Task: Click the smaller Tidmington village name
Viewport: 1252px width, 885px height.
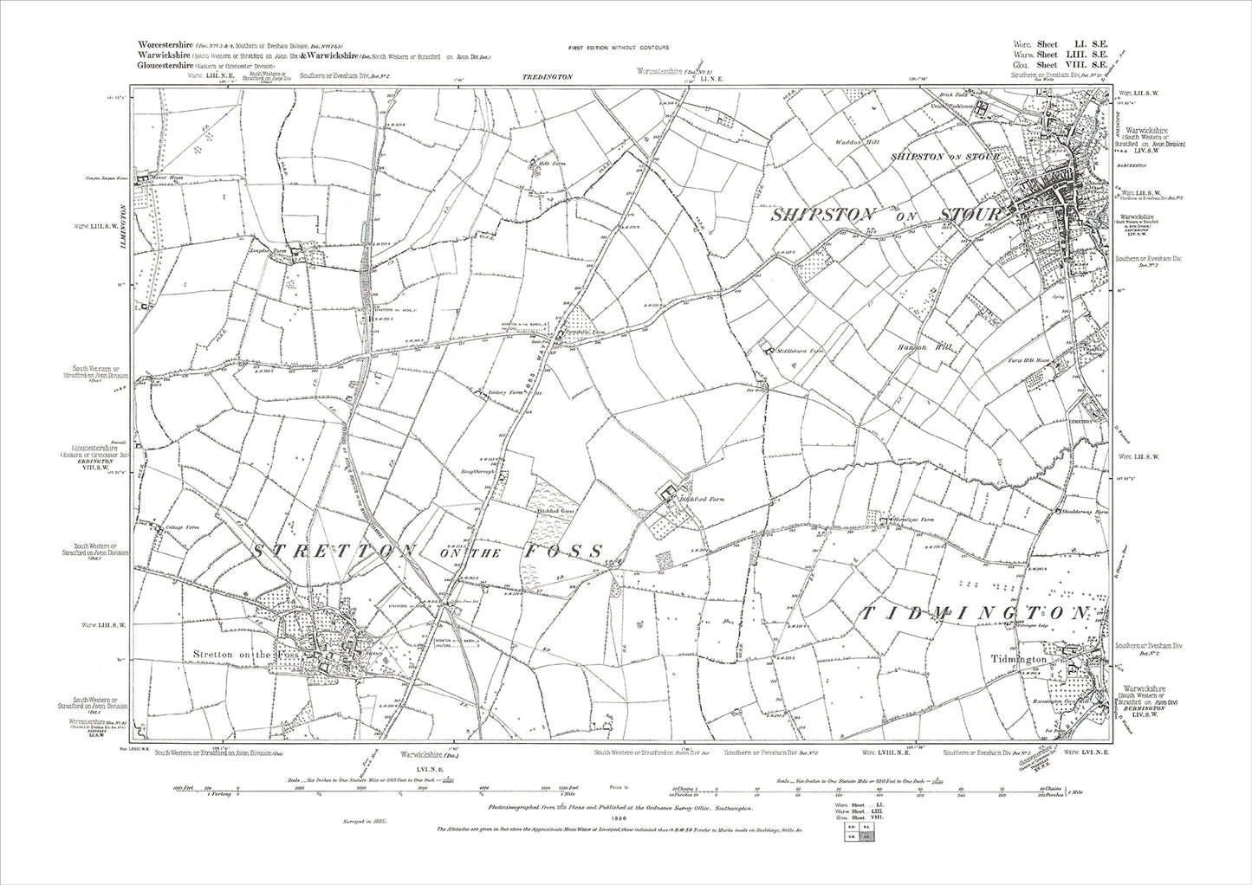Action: pos(1019,660)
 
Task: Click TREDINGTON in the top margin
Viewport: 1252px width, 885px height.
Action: pos(548,77)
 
